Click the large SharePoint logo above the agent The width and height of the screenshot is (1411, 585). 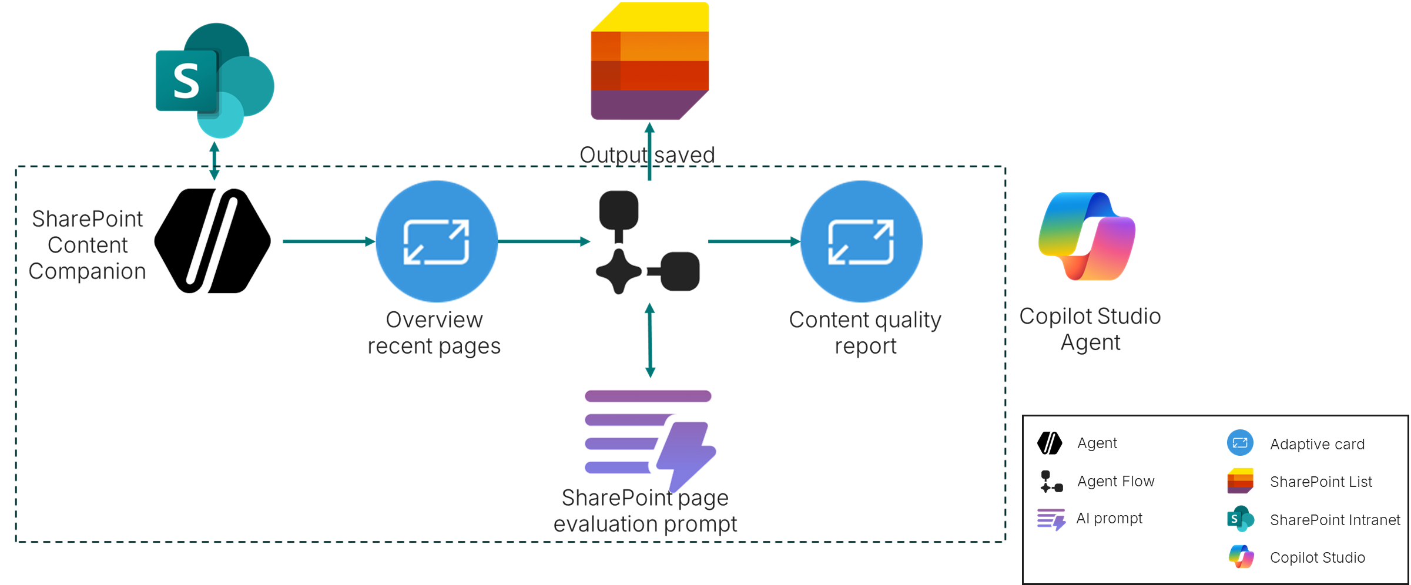(215, 80)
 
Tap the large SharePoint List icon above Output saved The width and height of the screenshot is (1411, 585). (650, 61)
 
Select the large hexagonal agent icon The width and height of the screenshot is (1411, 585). (213, 241)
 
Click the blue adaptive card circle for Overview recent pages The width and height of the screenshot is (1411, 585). (437, 241)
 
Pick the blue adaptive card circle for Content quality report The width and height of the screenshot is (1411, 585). (862, 241)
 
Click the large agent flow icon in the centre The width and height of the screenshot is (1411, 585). (646, 243)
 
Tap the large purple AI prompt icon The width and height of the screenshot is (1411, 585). (649, 438)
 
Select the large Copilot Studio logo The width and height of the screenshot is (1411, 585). (1087, 236)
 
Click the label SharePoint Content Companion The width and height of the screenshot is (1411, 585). (88, 245)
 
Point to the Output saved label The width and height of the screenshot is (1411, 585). (647, 155)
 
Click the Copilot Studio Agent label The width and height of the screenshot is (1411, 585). (1090, 329)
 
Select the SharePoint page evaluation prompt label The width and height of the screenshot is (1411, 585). (645, 510)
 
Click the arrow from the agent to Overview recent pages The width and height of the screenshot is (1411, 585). (329, 241)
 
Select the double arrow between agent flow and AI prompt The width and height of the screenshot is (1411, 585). (650, 340)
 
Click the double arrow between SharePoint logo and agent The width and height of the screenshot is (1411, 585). (215, 160)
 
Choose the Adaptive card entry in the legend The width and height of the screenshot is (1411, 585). (1317, 444)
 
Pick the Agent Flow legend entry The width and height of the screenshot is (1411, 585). (1115, 482)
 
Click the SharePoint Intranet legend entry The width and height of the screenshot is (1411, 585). (1335, 520)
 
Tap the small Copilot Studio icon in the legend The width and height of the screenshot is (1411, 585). (1241, 557)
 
